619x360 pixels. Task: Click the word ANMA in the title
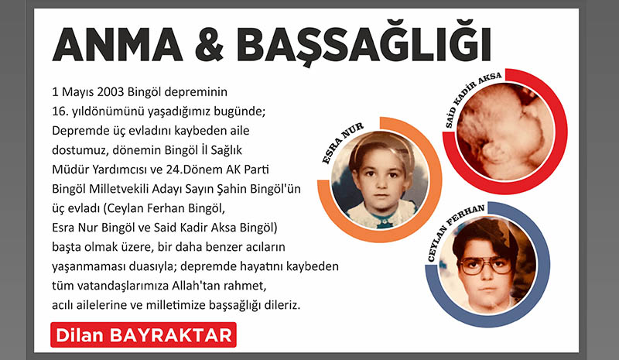click(x=118, y=44)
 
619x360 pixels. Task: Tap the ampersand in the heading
click(x=210, y=44)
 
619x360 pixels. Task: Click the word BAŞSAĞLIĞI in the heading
click(x=363, y=46)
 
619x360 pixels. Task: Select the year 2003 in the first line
click(x=111, y=91)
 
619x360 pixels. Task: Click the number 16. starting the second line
click(x=60, y=111)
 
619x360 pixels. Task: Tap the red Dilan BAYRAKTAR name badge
click(x=143, y=335)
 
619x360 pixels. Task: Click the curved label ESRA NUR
click(x=342, y=143)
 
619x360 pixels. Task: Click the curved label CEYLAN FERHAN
click(x=455, y=232)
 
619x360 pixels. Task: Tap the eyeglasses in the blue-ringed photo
click(x=486, y=266)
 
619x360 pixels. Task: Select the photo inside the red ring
click(x=505, y=132)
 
